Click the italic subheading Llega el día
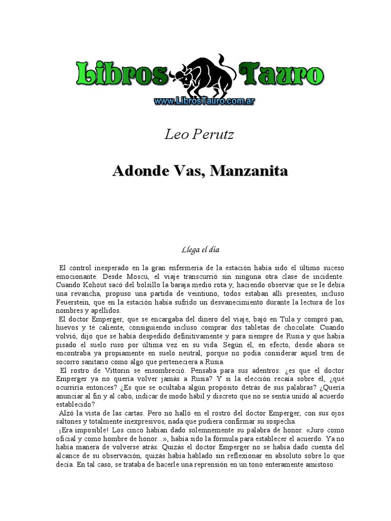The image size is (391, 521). (x=200, y=250)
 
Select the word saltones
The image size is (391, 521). (x=70, y=422)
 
